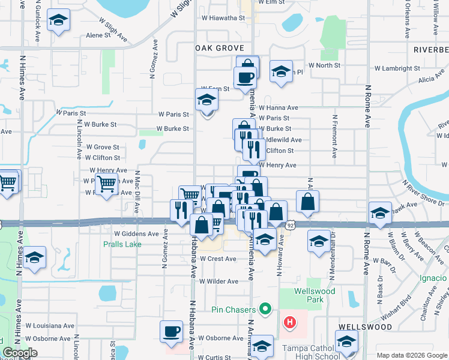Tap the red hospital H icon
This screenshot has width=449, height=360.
click(290, 323)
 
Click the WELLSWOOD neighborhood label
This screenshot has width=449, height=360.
click(365, 327)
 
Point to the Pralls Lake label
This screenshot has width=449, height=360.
click(122, 244)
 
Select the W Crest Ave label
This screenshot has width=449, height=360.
click(218, 259)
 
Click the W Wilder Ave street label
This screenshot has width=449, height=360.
click(219, 281)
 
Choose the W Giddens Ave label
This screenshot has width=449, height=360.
click(136, 233)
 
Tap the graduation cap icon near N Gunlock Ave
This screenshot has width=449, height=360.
click(58, 22)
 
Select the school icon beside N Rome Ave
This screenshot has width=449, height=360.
click(379, 214)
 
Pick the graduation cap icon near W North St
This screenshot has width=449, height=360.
click(280, 71)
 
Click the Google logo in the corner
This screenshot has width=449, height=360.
click(20, 353)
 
